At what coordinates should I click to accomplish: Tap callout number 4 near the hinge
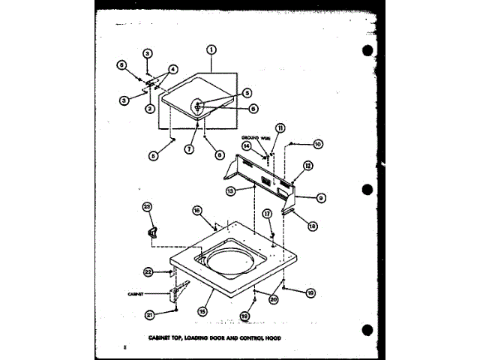pyautogui.click(x=173, y=70)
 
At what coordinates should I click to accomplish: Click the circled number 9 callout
pyautogui.click(x=319, y=198)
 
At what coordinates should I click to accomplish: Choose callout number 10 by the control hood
pyautogui.click(x=317, y=144)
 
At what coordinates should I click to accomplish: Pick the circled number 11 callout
pyautogui.click(x=280, y=127)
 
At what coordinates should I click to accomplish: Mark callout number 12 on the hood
pyautogui.click(x=307, y=166)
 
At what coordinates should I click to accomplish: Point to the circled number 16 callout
pyautogui.click(x=198, y=211)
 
